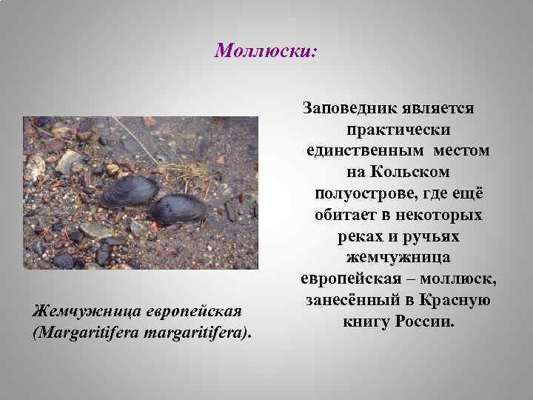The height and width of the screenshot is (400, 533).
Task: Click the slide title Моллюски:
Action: tap(266, 50)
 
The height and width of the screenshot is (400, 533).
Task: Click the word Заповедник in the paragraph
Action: tap(348, 108)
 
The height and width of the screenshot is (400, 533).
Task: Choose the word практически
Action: tap(398, 130)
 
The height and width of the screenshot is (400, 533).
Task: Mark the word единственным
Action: tap(360, 150)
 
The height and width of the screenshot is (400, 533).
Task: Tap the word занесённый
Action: tap(347, 301)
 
